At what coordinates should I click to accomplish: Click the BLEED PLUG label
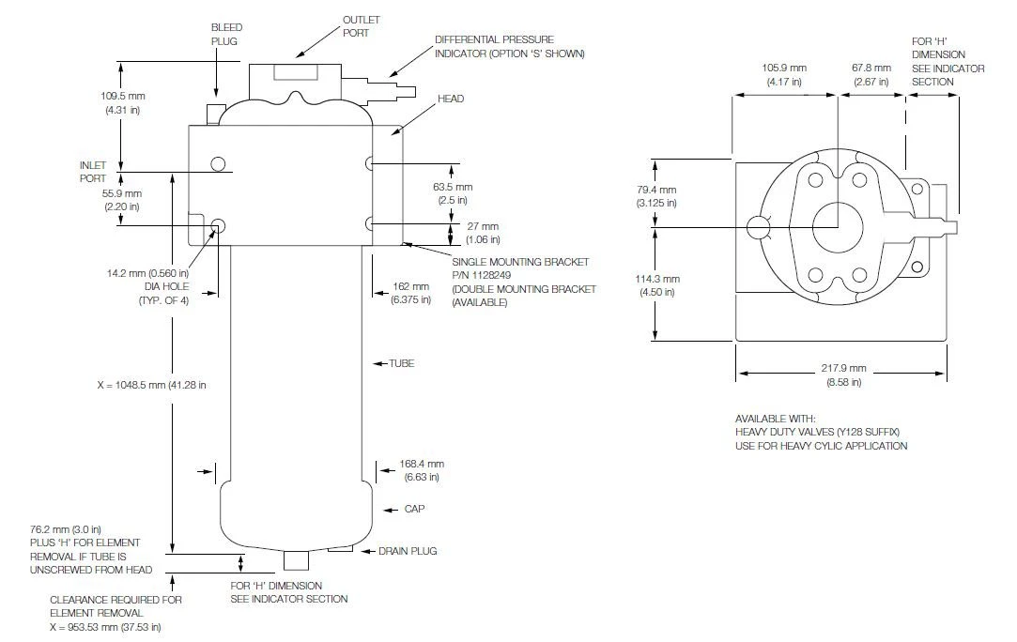[227, 35]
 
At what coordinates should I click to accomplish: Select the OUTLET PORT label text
[362, 26]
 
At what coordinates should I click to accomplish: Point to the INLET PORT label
[93, 172]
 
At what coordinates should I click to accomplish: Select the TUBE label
[402, 364]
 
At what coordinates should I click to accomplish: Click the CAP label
[414, 509]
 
